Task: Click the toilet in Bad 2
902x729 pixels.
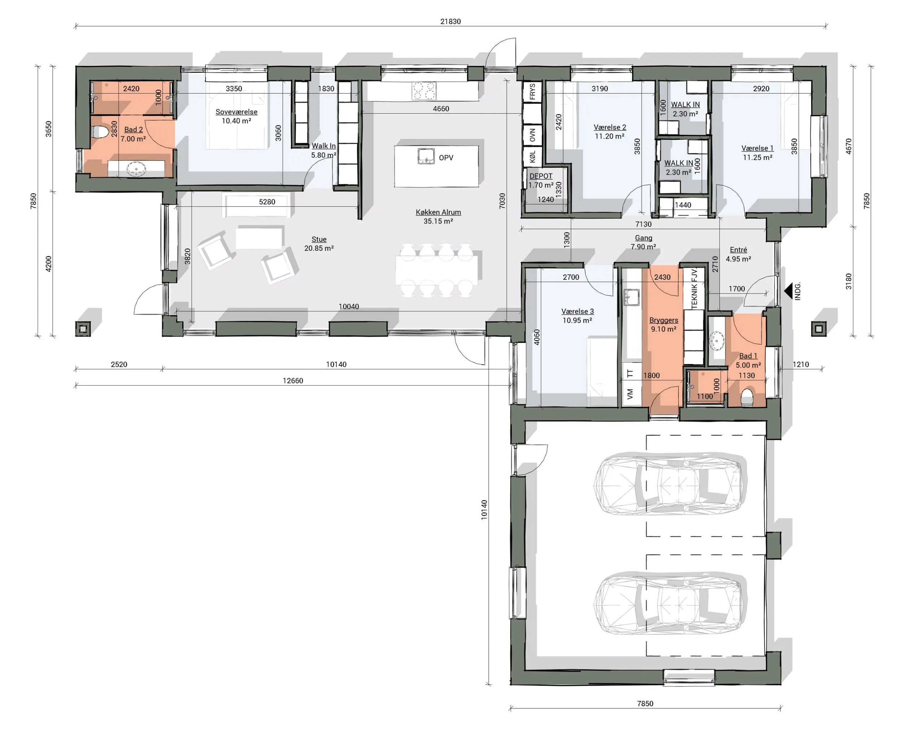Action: [99, 132]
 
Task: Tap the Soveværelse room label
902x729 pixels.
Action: [236, 112]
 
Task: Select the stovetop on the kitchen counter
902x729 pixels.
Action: [424, 91]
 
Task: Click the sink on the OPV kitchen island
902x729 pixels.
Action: [426, 156]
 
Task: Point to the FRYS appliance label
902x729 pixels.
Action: [533, 91]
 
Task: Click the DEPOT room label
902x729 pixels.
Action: [541, 176]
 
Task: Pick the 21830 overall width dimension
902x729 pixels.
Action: [451, 21]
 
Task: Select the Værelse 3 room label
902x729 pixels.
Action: [577, 311]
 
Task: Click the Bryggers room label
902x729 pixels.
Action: [664, 320]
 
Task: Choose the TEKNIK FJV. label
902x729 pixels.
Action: [694, 288]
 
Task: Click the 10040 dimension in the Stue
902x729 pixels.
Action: [349, 307]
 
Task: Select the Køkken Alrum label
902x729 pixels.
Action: [438, 212]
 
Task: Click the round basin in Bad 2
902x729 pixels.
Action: [136, 169]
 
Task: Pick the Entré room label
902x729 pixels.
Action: [738, 250]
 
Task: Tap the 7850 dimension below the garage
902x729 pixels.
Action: [645, 703]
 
